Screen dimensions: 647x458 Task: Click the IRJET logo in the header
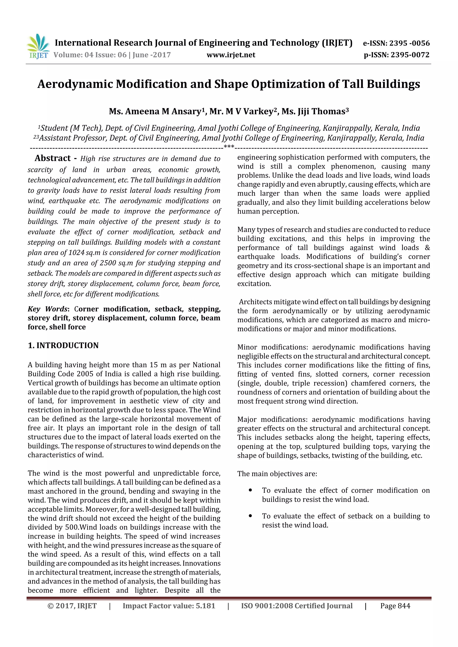tap(38, 46)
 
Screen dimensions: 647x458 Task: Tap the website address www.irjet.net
tap(231, 55)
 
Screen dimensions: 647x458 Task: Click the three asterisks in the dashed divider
tap(229, 147)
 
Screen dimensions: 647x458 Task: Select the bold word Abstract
tap(53, 158)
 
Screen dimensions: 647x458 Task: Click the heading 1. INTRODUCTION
tap(63, 345)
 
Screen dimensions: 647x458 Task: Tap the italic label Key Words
tap(48, 309)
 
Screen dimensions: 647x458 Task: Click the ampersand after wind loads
tap(427, 248)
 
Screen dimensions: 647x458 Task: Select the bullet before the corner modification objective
tap(250, 490)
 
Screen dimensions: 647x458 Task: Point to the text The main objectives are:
tap(277, 474)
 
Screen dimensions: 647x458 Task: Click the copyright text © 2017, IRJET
tap(72, 606)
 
